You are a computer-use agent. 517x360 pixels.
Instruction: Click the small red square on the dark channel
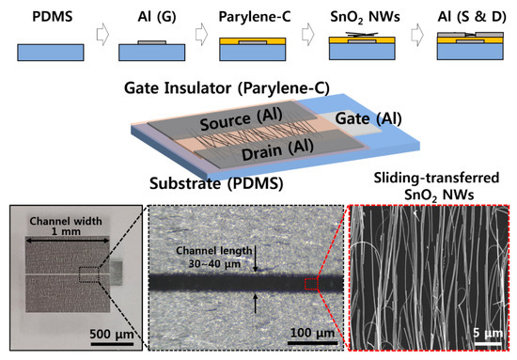pos(311,281)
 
